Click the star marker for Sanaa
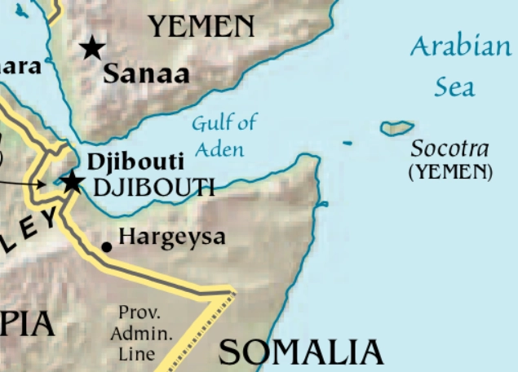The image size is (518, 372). coord(92,48)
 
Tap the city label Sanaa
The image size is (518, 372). coord(146,74)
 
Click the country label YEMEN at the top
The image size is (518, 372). coord(201,28)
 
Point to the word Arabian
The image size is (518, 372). coord(460,47)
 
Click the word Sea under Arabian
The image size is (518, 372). coord(454,86)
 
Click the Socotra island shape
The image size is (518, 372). coord(396,128)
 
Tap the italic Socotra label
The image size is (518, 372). coord(450,149)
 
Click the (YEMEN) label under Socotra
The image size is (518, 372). coord(450,171)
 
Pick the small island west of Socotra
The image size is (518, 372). coord(348,144)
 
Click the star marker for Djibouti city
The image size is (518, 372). coord(73,181)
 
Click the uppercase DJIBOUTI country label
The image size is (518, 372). coord(153,188)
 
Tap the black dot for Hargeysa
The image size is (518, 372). coord(106,246)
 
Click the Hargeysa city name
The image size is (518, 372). coord(171,238)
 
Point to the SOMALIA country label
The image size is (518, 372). coord(301,352)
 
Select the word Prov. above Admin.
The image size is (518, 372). coord(139,312)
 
